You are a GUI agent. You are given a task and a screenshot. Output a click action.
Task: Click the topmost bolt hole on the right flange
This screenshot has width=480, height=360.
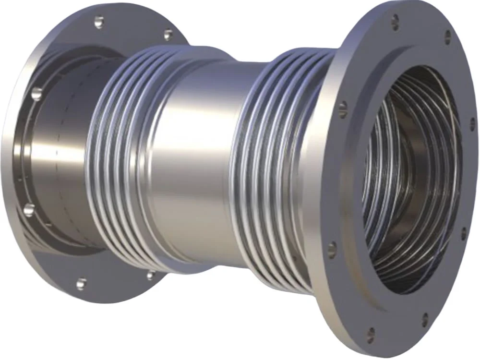coord(395,20)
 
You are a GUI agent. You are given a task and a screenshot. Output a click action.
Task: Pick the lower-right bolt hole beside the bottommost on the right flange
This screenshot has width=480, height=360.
coord(425,317)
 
